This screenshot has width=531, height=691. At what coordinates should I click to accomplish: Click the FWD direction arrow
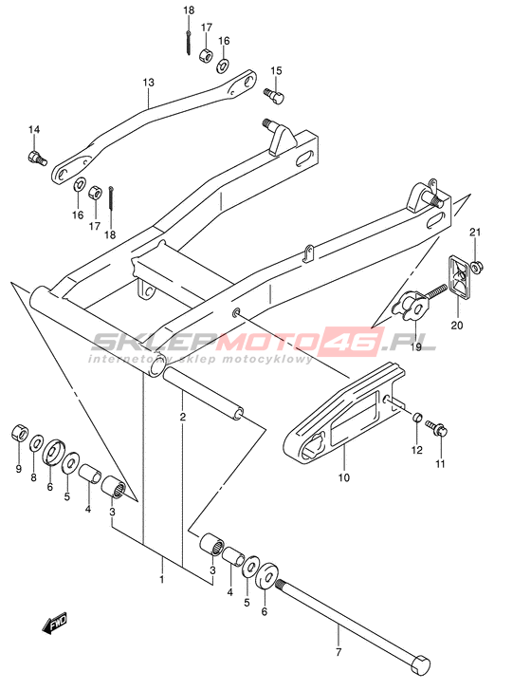point(54,623)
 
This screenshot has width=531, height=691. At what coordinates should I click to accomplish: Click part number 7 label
point(339,651)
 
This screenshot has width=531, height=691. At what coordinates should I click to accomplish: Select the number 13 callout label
point(148,83)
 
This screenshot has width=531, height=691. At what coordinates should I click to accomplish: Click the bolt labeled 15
point(274,95)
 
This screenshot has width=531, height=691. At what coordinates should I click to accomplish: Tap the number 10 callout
point(344,477)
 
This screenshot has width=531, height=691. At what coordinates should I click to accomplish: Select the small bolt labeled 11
point(436,428)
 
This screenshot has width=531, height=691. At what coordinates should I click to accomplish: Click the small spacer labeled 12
point(417,417)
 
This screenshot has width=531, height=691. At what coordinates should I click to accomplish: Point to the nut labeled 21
point(476,267)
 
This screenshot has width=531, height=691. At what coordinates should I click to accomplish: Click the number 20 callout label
point(457,326)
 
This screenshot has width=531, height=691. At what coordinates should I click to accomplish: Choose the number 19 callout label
point(415,346)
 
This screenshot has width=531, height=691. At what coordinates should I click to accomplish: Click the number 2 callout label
point(183,417)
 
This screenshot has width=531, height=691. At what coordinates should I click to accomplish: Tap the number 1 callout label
point(161,579)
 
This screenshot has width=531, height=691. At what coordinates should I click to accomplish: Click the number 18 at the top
point(189,9)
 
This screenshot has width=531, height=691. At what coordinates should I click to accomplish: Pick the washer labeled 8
point(36,442)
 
